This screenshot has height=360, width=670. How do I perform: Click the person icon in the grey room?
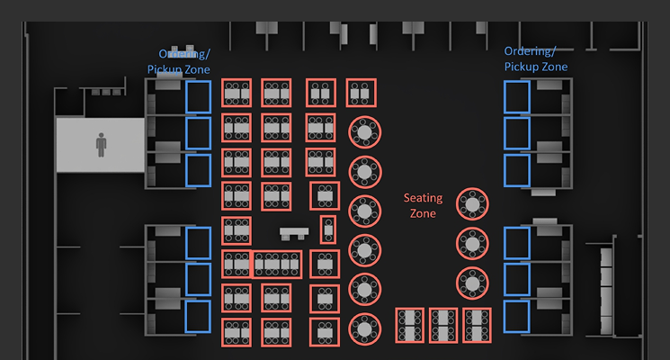point(101,145)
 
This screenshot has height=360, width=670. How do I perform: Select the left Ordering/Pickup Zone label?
point(179,61)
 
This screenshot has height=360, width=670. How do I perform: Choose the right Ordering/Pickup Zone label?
point(536,59)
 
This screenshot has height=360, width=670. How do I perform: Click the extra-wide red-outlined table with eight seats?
point(277,264)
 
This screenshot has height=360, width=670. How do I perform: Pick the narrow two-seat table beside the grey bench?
point(327,229)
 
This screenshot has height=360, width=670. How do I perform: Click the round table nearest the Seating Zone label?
point(472,204)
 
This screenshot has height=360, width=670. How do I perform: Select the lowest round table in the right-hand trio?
point(472,283)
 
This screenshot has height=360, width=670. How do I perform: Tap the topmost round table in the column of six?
point(365,132)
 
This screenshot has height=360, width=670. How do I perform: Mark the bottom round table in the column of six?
point(365,328)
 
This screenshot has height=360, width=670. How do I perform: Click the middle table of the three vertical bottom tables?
point(443,325)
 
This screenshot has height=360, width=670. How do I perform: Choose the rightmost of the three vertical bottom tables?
point(477,325)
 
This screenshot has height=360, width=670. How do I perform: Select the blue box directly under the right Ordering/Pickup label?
point(516,97)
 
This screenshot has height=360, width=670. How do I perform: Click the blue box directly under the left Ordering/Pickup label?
point(198,97)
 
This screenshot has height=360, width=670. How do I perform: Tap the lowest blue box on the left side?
point(198,316)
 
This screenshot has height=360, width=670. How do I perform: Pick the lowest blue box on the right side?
point(516,316)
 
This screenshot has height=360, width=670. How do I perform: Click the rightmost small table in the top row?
point(361,93)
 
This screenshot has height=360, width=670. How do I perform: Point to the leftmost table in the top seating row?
point(237,93)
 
